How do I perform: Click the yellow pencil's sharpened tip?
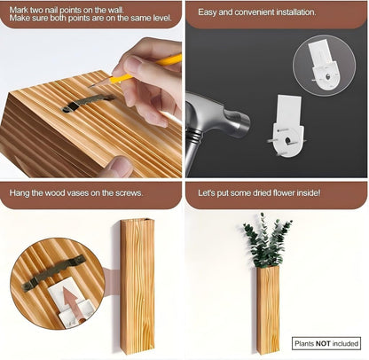pos(90,86)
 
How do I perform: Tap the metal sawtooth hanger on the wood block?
pos(88,103)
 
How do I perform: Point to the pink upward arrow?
pos(71,303)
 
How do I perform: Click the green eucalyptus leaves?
pos(267,240)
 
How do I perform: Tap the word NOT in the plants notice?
pos(323,343)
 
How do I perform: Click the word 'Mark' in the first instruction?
pos(19,10)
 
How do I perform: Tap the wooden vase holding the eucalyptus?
pos(268,309)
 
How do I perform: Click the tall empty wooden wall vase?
pos(137,286)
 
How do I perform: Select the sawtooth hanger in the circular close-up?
pos(54,273)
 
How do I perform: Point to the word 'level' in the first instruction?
pos(162,18)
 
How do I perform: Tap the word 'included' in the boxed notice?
pos(345,343)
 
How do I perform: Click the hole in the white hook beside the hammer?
pos(287,141)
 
